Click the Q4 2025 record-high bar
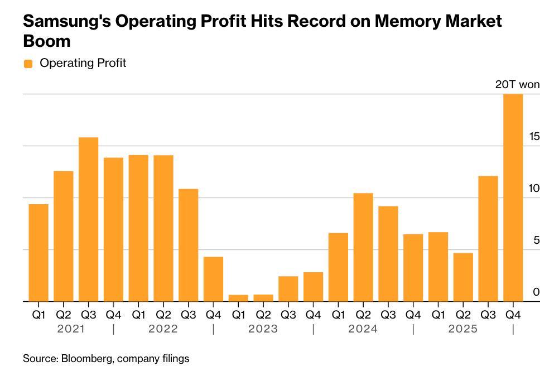point(513,197)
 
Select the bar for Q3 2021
point(88,219)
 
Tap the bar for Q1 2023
point(238,298)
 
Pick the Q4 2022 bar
point(213,279)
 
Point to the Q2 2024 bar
point(363,247)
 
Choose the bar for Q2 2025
point(463,277)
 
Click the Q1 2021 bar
point(38,253)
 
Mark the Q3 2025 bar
point(488,239)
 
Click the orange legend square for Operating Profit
point(28,64)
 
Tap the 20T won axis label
point(517,85)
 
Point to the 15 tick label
point(534,137)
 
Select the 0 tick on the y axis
point(536,292)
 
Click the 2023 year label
point(263,329)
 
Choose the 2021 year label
point(71,329)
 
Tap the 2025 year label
point(463,329)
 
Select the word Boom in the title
point(47,41)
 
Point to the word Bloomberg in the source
point(86,359)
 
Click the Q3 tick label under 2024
point(388,315)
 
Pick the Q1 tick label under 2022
point(138,315)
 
